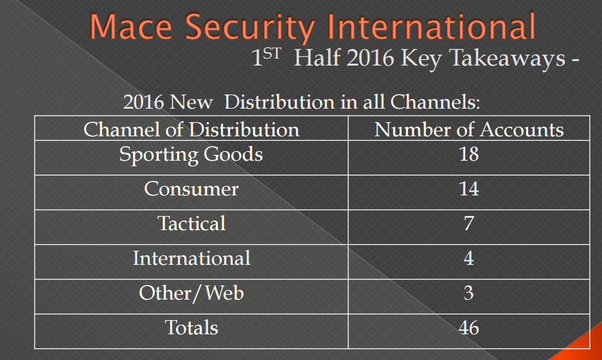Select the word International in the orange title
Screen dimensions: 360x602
[x=430, y=27]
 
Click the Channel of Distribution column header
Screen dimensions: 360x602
[x=191, y=130]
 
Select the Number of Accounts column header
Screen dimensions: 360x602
[x=469, y=130]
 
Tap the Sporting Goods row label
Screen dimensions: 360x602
[x=191, y=154]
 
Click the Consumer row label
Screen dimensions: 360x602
[x=191, y=189]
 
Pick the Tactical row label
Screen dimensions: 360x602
[x=191, y=224]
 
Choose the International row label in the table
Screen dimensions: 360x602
[x=191, y=258]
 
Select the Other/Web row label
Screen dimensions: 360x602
[x=191, y=293]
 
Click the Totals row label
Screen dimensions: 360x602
[x=191, y=328]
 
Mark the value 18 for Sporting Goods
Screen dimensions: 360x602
[x=469, y=154]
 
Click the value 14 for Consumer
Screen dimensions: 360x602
[x=469, y=189]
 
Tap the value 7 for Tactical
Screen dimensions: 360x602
[x=469, y=224]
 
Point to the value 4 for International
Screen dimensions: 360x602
[x=469, y=258]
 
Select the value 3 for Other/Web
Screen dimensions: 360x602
[x=469, y=293]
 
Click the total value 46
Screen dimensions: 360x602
[x=469, y=328]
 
